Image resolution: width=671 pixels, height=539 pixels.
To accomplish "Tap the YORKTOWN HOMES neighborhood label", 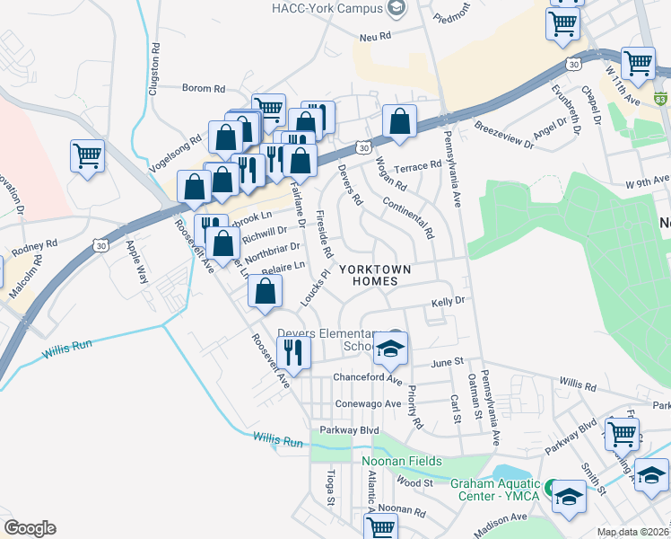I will coord(374,275).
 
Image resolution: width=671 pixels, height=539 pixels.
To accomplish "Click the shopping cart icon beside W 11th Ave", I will coord(637,64).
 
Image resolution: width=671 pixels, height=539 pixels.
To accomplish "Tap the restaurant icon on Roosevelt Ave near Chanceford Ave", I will coord(292,351).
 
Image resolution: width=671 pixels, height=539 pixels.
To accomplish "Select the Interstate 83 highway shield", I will coord(662,97).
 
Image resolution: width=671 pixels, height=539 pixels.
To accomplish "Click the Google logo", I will coord(30,528).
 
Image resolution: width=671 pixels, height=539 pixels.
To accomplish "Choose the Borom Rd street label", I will coord(204,88).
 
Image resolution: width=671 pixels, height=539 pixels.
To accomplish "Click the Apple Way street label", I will coord(136,259).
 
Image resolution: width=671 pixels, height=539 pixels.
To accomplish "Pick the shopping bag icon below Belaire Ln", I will coord(265,292).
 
